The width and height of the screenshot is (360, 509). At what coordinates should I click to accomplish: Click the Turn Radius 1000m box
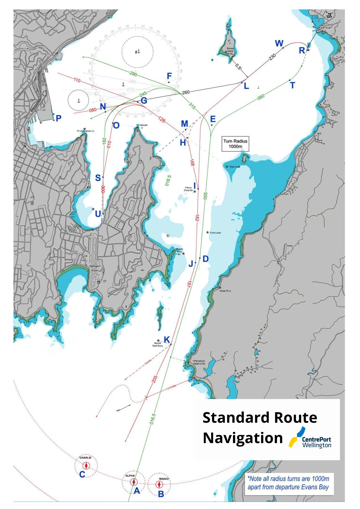[235, 144]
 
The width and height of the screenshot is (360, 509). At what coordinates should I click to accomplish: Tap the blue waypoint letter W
[279, 43]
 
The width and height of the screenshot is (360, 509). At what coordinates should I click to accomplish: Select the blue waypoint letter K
[167, 340]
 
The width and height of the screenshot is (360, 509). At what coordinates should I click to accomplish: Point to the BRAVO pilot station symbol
[159, 485]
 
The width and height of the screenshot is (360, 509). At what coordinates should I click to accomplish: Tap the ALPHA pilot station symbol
[134, 482]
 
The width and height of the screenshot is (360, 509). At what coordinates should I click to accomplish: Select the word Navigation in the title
[243, 438]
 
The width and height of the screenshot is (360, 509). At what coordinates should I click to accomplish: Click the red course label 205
[155, 379]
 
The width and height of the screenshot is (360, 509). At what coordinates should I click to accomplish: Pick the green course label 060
[261, 97]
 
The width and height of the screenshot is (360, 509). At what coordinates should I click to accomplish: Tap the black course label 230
[272, 56]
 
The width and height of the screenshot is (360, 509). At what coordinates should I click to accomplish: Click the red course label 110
[77, 80]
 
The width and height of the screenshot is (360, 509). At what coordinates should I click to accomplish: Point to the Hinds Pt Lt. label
[225, 291]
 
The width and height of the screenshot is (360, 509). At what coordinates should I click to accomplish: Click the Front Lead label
[215, 233]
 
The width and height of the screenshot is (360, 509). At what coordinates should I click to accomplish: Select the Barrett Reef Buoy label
[158, 344]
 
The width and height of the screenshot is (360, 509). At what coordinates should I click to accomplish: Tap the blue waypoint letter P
[59, 118]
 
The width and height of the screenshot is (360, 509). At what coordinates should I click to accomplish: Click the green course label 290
[133, 74]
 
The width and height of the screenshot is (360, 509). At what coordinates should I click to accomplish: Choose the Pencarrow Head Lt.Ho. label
[199, 362]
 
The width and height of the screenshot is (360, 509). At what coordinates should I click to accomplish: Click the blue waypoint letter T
[293, 86]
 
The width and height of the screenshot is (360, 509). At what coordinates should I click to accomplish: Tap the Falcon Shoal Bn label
[188, 189]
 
